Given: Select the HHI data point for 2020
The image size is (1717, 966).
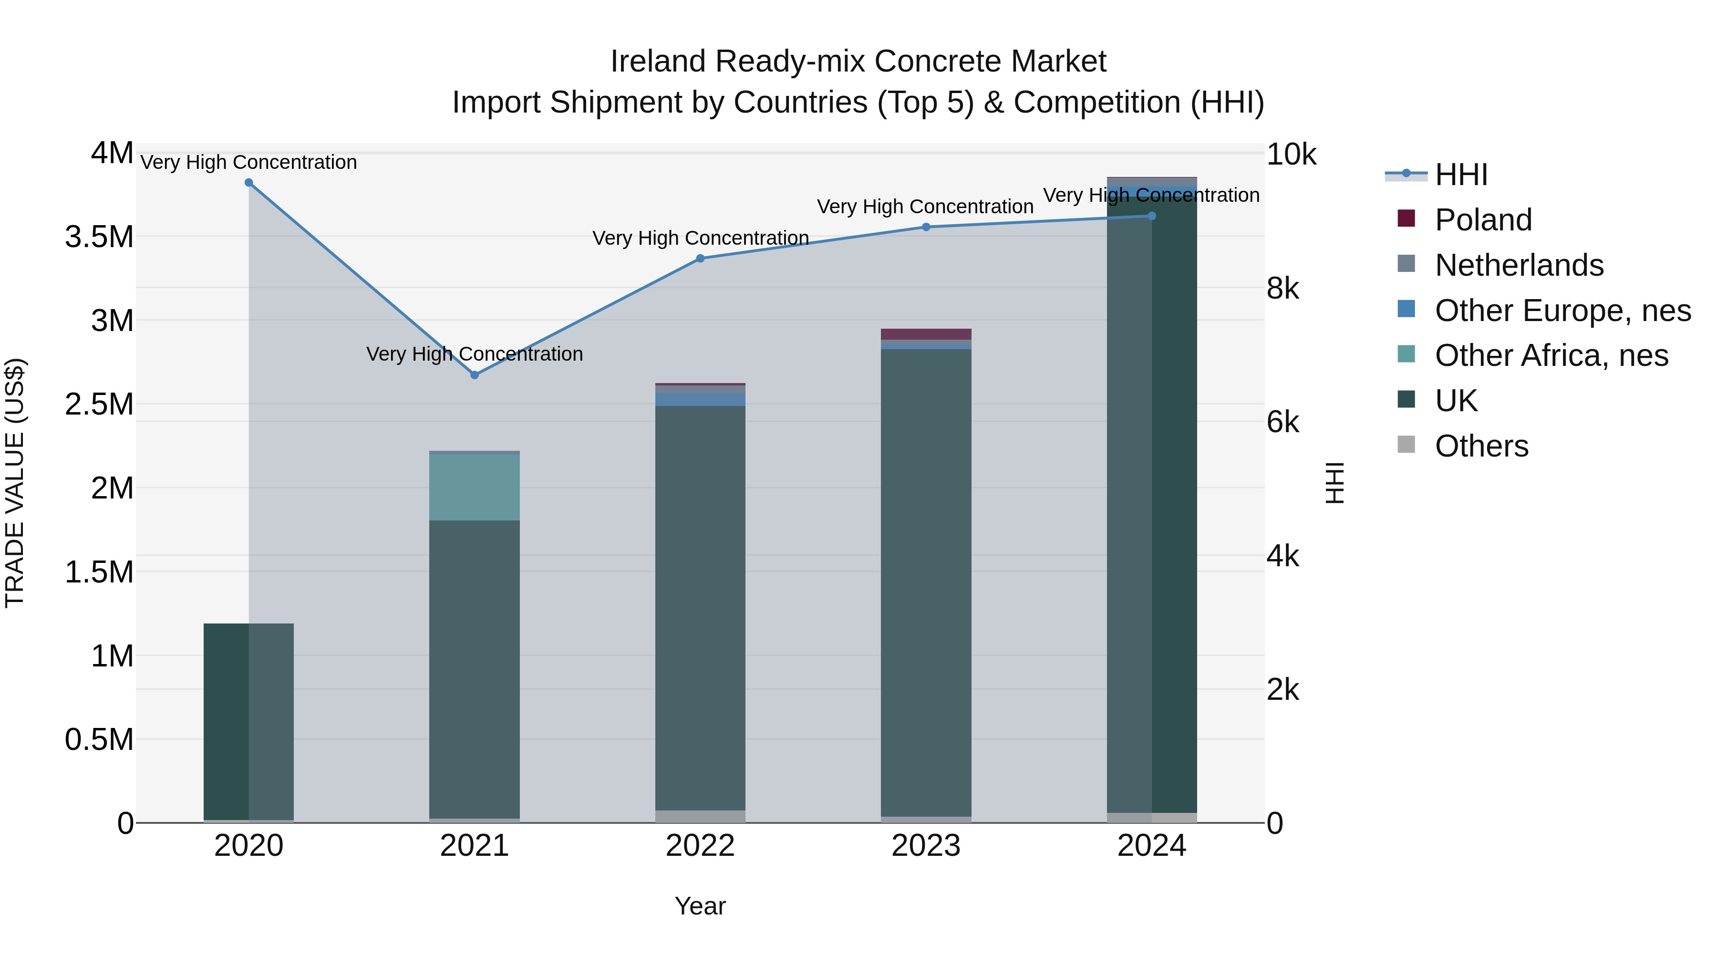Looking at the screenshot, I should (x=248, y=182).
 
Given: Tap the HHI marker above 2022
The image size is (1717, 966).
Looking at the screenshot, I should (x=700, y=259).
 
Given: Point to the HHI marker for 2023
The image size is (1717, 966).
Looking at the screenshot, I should (x=926, y=227).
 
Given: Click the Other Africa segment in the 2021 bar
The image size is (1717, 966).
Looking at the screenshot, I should (x=474, y=487).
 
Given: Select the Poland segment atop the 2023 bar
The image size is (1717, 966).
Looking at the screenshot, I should (x=926, y=334).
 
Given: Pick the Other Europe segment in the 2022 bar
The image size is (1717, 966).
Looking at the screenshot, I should (x=700, y=399).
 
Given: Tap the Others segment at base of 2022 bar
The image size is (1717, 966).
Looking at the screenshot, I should (x=700, y=816).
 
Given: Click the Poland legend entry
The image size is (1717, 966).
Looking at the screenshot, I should (x=1483, y=220).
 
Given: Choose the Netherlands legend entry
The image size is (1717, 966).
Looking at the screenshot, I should (x=1519, y=265).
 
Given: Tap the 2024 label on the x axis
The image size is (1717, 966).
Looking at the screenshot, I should (x=1151, y=846).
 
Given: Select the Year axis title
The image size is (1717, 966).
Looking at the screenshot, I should (x=700, y=906).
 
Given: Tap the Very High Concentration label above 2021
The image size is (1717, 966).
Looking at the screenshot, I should (x=475, y=353).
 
